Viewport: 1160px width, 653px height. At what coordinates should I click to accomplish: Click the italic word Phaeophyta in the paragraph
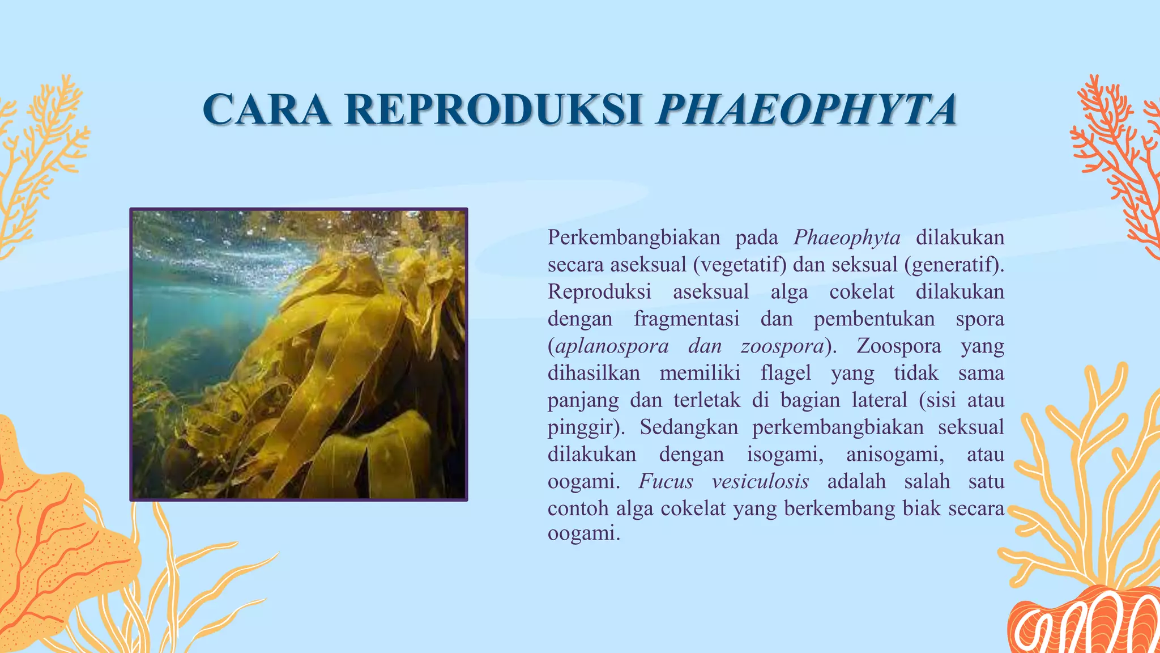[x=847, y=238]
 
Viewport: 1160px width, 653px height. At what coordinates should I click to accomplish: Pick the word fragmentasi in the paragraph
[x=686, y=319]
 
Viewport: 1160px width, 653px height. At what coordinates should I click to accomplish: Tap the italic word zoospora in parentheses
[x=782, y=346]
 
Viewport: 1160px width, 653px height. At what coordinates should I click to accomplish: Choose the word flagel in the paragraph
[x=786, y=373]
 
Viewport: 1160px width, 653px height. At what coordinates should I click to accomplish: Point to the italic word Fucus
[x=666, y=481]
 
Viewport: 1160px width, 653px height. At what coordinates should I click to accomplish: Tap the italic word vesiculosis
[x=760, y=481]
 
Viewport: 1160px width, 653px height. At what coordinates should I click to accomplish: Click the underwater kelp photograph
[x=298, y=354]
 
